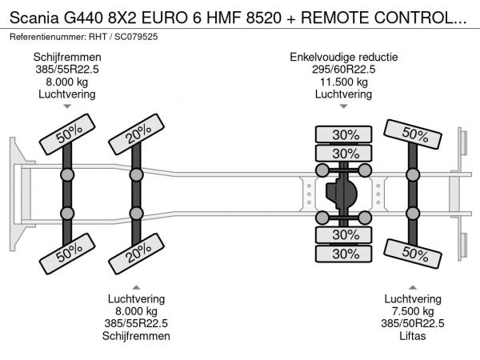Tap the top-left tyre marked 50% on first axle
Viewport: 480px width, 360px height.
point(66,138)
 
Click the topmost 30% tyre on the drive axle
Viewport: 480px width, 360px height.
point(346,134)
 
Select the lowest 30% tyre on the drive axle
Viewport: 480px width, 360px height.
point(346,254)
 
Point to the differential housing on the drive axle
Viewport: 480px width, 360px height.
point(344,194)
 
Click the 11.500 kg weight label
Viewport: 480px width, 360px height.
point(343,82)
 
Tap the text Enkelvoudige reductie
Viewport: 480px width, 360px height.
point(344,57)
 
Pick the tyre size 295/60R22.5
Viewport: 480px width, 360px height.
point(344,70)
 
